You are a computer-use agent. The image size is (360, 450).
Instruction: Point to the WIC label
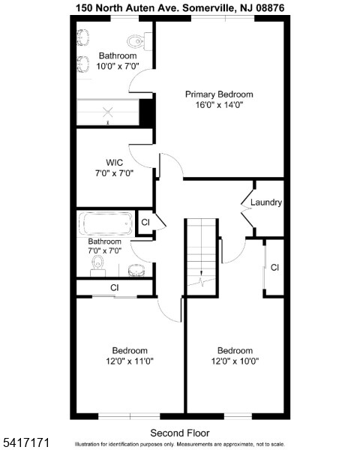pyautogui.click(x=114, y=162)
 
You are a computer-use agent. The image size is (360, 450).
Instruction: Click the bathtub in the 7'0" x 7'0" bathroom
pyautogui.click(x=104, y=223)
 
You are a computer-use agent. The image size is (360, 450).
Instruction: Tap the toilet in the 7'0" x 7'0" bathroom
pyautogui.click(x=97, y=264)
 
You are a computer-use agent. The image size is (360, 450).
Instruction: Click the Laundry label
pyautogui.click(x=266, y=202)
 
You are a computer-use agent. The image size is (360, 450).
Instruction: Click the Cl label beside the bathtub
pyautogui.click(x=145, y=223)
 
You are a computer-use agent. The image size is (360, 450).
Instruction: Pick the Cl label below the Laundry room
pyautogui.click(x=274, y=267)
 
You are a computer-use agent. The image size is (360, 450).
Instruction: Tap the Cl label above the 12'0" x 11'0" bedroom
pyautogui.click(x=114, y=287)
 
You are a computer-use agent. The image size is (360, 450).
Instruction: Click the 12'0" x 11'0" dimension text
pyautogui.click(x=130, y=361)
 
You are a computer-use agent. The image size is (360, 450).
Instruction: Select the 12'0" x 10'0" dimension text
pyautogui.click(x=235, y=361)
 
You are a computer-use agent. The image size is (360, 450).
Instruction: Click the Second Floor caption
pyautogui.click(x=180, y=433)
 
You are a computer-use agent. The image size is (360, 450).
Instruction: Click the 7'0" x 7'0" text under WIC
pyautogui.click(x=114, y=173)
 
